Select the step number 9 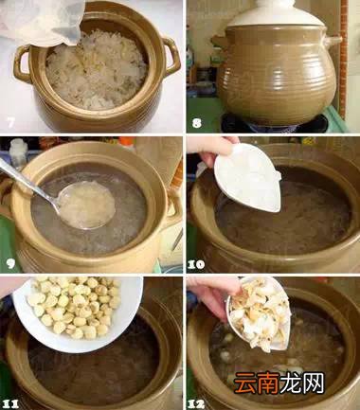9,262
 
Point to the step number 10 197,262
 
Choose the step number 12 197,401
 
